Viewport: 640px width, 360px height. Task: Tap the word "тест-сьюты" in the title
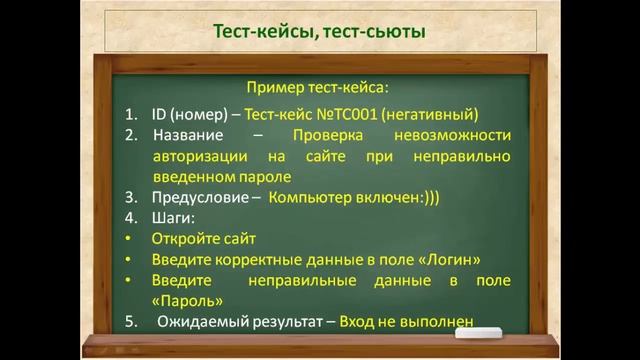click(377, 33)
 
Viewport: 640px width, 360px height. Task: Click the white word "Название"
click(189, 135)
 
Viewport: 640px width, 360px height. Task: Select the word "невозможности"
click(456, 135)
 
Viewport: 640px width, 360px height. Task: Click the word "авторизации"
click(199, 156)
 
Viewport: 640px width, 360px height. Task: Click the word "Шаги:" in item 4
click(174, 218)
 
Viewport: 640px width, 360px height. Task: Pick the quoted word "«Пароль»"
click(188, 299)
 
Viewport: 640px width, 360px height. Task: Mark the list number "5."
click(131, 321)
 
